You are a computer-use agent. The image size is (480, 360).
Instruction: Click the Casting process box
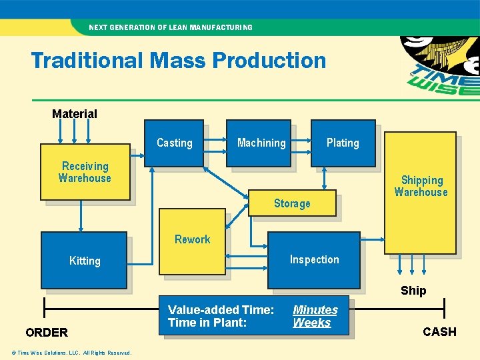tap(175, 143)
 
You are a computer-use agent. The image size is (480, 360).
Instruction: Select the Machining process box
tap(259, 143)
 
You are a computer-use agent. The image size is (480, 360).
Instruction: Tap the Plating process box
tap(343, 143)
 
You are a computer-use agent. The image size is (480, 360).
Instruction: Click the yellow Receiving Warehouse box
tap(85, 172)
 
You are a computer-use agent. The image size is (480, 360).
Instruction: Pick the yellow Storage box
tap(292, 203)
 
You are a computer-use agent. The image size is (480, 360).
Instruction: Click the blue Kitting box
tap(84, 260)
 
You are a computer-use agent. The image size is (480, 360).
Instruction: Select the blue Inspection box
tap(314, 259)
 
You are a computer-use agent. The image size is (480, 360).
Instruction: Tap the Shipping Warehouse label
tap(421, 186)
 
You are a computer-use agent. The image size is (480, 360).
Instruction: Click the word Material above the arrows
tap(75, 114)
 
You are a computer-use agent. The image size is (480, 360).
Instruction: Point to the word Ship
tap(413, 291)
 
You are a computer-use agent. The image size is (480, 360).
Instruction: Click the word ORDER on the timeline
tap(47, 333)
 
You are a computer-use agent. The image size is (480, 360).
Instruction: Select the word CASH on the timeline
tap(439, 332)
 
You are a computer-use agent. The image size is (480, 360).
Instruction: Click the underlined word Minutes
tap(315, 310)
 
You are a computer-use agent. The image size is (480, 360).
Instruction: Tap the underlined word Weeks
tap(312, 323)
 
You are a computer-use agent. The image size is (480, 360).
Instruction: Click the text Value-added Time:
tap(221, 310)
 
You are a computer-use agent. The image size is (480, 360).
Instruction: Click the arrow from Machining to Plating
tap(301, 142)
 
